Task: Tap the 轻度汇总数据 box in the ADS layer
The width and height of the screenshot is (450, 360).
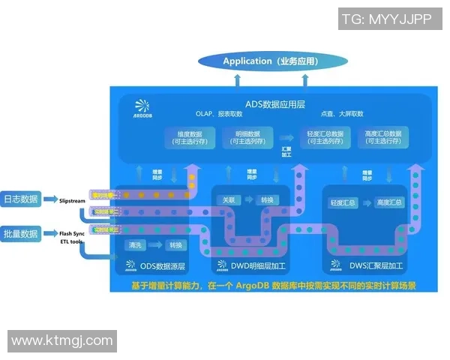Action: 325,137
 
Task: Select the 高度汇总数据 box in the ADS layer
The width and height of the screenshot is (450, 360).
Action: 382,137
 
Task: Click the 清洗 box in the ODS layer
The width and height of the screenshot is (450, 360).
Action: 136,245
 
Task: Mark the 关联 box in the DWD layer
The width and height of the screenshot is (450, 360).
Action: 229,200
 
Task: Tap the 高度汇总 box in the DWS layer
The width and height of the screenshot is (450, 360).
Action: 389,202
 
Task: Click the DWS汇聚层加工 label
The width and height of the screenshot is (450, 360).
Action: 368,265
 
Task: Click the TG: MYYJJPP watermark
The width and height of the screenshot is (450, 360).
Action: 389,19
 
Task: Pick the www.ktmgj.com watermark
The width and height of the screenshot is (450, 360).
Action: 62,341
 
